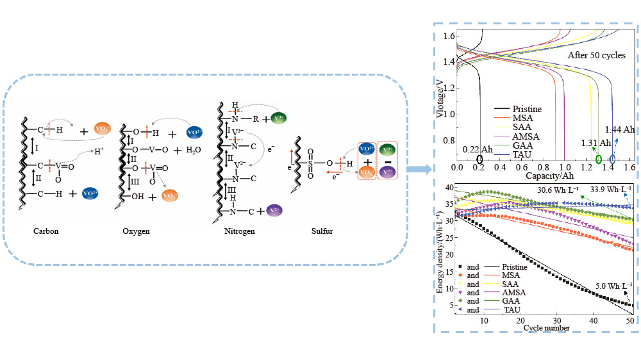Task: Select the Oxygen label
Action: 136,231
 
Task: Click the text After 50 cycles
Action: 596,56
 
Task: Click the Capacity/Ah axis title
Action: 544,175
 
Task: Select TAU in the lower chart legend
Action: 513,310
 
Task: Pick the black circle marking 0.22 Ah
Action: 480,158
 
